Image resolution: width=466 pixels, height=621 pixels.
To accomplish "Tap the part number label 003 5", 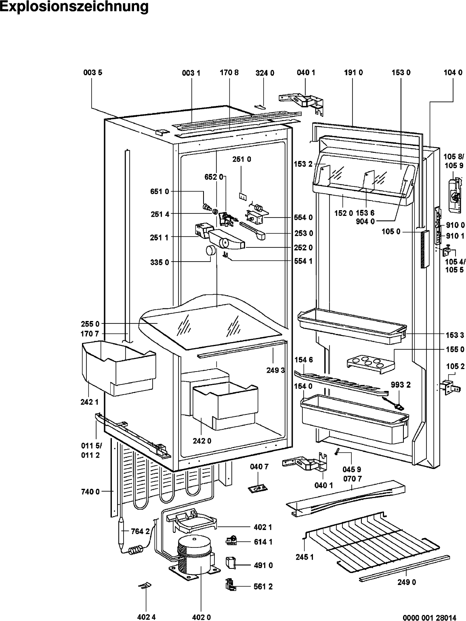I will click(92, 73).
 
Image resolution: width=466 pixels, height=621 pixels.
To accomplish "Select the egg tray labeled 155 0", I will click(369, 362).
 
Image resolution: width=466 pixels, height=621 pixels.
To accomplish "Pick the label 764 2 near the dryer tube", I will click(140, 531).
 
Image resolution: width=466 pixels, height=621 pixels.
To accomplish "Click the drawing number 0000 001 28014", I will click(430, 617).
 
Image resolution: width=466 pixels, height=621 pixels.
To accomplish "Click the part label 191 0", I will click(353, 73).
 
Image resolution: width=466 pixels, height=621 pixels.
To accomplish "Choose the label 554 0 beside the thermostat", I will click(304, 217).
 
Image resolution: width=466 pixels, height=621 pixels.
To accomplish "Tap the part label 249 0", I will click(407, 582).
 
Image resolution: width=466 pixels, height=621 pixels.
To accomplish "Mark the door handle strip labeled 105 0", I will click(423, 249).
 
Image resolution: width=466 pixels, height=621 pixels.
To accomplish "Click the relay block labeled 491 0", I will click(231, 562).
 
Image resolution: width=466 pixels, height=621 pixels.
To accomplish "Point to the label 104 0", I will click(453, 73).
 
